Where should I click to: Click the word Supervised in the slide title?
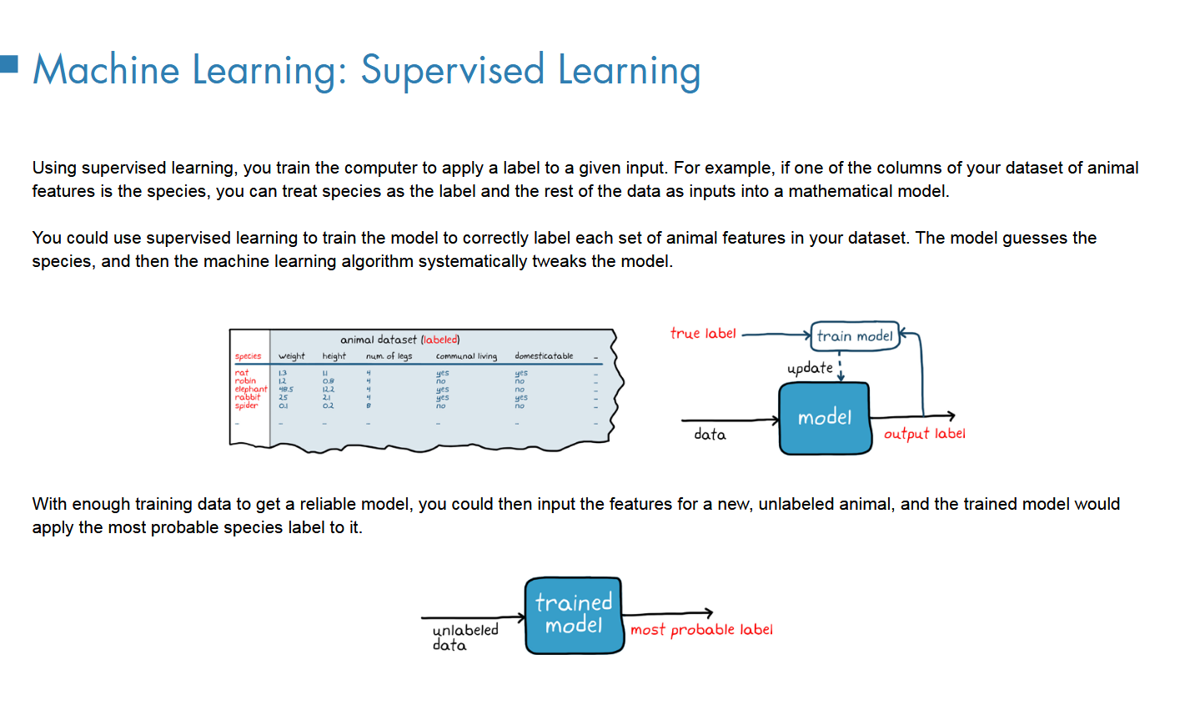click(x=452, y=70)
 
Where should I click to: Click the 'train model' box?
click(x=855, y=336)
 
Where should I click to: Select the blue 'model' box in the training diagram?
click(x=824, y=418)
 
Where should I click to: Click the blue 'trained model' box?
click(x=574, y=615)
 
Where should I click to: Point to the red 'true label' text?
click(x=703, y=334)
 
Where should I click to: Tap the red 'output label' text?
click(x=924, y=434)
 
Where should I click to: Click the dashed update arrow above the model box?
click(x=841, y=368)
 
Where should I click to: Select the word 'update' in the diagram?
click(x=809, y=368)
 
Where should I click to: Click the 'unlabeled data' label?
click(x=464, y=637)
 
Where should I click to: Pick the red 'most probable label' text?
click(x=701, y=630)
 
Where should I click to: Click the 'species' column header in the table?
click(x=248, y=356)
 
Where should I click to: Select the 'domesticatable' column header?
click(x=544, y=356)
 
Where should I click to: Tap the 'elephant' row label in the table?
click(x=250, y=389)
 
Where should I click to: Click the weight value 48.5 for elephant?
click(x=285, y=389)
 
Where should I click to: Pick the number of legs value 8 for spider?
click(x=368, y=405)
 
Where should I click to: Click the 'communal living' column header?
click(x=466, y=356)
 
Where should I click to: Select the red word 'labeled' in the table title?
click(x=440, y=340)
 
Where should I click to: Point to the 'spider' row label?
click(x=246, y=405)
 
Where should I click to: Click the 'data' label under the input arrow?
click(x=710, y=435)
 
